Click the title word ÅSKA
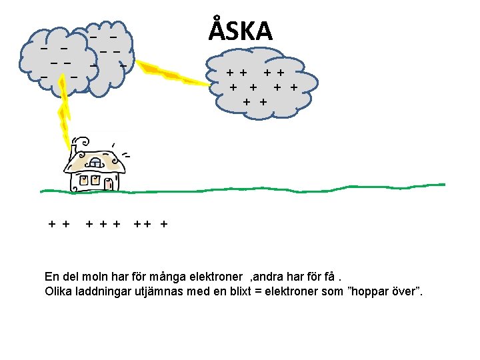[x=241, y=31]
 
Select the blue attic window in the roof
[x=95, y=163]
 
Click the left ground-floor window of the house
[x=85, y=180]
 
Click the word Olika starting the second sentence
[x=59, y=292]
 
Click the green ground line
[x=267, y=189]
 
